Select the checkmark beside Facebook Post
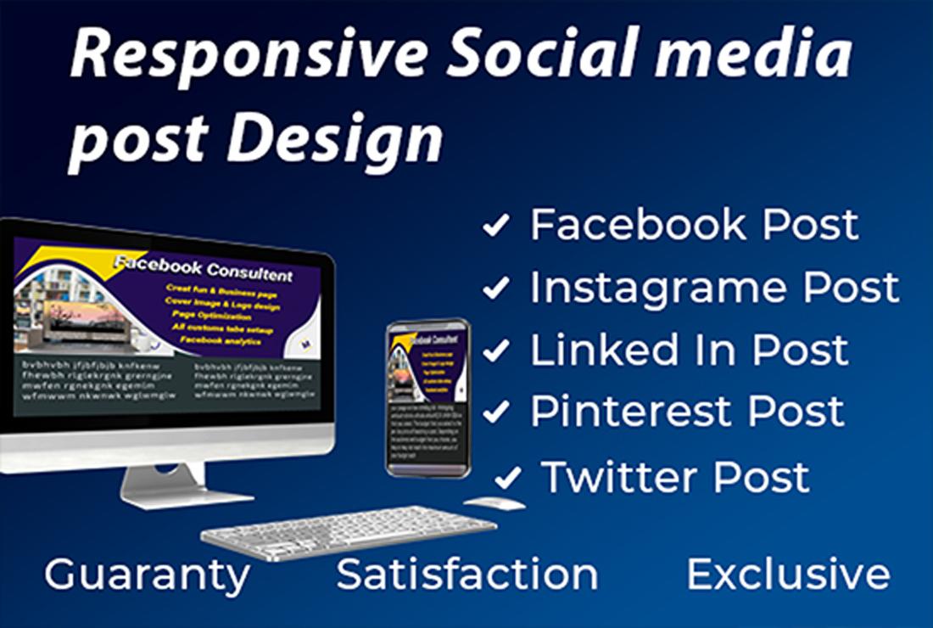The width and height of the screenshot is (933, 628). pyautogui.click(x=496, y=226)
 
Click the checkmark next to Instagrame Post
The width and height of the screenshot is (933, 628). pyautogui.click(x=496, y=289)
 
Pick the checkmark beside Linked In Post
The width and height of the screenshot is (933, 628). pyautogui.click(x=496, y=350)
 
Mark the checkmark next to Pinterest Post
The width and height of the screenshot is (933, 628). pyautogui.click(x=496, y=412)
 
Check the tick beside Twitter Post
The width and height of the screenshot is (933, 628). pyautogui.click(x=507, y=478)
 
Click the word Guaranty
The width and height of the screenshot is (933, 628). pyautogui.click(x=147, y=575)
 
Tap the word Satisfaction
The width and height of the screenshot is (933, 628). pyautogui.click(x=467, y=575)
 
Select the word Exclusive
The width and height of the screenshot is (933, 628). pyautogui.click(x=788, y=575)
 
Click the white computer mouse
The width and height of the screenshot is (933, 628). pyautogui.click(x=494, y=503)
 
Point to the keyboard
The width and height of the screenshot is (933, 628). pyautogui.click(x=348, y=533)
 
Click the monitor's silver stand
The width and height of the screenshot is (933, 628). pyautogui.click(x=165, y=485)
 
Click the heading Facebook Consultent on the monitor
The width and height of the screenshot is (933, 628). pyautogui.click(x=204, y=270)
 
